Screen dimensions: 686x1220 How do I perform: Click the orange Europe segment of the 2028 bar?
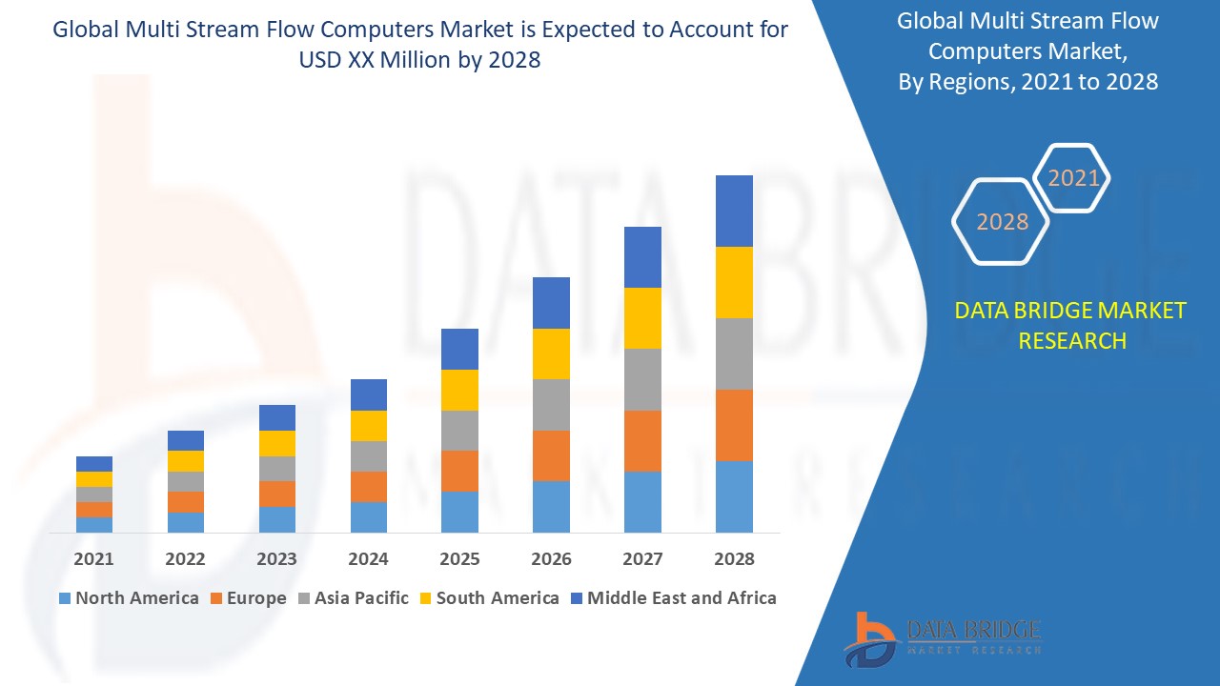[x=734, y=425]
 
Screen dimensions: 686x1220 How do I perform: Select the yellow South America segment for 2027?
[x=642, y=317]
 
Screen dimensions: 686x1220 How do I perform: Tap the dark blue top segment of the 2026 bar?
[x=551, y=302]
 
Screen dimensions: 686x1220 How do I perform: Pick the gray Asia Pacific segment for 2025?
[x=459, y=430]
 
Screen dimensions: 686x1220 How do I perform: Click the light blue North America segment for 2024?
[x=368, y=516]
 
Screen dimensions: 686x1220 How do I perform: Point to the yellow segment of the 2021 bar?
[x=94, y=478]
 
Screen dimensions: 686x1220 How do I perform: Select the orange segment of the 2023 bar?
[x=276, y=494]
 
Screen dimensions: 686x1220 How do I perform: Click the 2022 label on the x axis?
[x=185, y=559]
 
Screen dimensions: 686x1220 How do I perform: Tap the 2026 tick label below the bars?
[x=551, y=559]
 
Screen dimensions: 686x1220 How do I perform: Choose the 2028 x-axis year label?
[x=734, y=559]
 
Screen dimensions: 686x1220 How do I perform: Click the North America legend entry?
[x=129, y=598]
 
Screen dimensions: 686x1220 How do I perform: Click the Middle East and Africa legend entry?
[x=673, y=598]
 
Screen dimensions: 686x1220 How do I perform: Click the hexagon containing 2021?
[x=1073, y=178]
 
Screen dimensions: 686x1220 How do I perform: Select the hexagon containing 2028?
[x=1002, y=222]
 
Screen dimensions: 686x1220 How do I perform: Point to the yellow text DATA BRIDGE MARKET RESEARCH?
[x=1071, y=325]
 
